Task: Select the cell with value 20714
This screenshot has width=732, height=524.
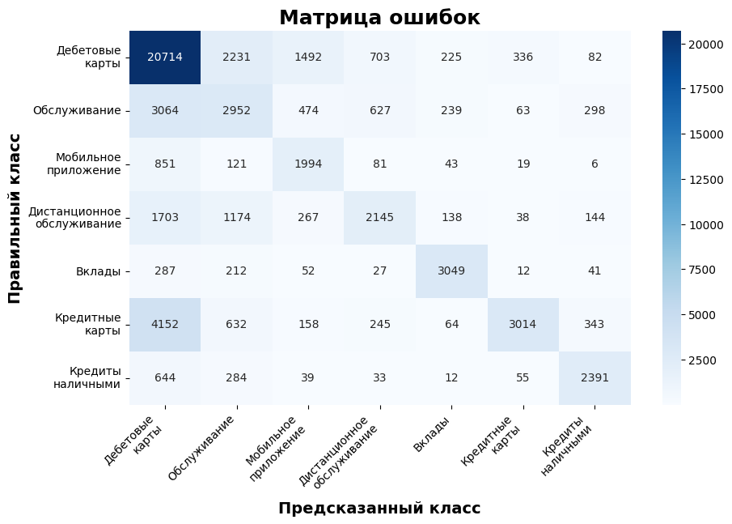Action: pos(165,57)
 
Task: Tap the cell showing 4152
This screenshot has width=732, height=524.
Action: pos(165,324)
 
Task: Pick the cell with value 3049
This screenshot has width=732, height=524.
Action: pos(451,271)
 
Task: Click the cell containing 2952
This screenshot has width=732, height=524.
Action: pos(237,110)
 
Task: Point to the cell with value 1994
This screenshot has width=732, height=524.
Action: pos(308,164)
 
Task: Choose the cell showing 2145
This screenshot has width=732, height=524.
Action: pos(380,217)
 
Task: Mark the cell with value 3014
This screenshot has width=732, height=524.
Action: pos(523,324)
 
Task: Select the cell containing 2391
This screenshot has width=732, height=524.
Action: pos(594,377)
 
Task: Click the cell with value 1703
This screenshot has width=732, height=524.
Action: pos(165,217)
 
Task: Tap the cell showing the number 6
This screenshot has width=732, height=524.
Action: pos(594,164)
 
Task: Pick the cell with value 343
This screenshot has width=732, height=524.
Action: pos(594,324)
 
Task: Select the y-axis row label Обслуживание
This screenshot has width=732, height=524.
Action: pos(77,111)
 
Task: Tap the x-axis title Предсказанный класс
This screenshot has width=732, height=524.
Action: pos(379,509)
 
